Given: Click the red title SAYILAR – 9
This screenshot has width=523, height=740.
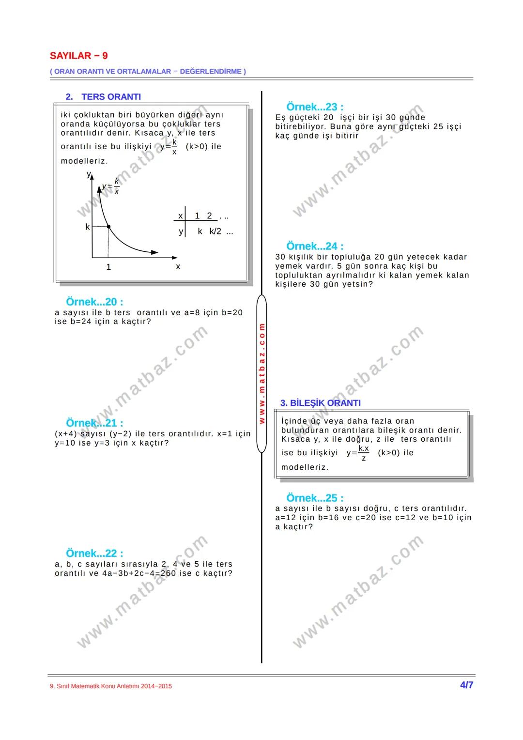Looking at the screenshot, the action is tap(78, 56).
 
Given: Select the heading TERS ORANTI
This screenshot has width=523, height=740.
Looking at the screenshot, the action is tap(111, 97).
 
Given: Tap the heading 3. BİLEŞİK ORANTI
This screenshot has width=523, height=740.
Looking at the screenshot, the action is tap(320, 403).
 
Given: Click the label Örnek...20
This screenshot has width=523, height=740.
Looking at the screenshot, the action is tap(94, 302).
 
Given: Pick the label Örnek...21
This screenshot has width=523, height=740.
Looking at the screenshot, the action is tap(94, 423).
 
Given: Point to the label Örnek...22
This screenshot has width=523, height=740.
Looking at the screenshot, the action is tap(94, 553).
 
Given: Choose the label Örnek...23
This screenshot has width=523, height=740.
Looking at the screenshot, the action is tap(315, 107).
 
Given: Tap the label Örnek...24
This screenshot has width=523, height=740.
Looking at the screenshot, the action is tap(315, 246).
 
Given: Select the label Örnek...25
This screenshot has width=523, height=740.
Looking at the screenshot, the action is tap(315, 497).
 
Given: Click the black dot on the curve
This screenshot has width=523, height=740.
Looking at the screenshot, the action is tap(108, 227).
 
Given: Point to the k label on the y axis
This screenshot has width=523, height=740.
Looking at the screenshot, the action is tap(88, 227).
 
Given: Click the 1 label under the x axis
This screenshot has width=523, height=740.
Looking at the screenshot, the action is tap(108, 267).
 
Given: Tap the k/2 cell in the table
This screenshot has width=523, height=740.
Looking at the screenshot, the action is tap(215, 231).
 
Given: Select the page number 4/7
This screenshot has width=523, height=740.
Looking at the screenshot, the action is tap(466, 685).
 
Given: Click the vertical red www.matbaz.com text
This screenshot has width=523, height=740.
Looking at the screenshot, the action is tap(261, 373).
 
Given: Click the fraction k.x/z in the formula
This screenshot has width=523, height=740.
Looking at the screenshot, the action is tap(364, 453).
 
